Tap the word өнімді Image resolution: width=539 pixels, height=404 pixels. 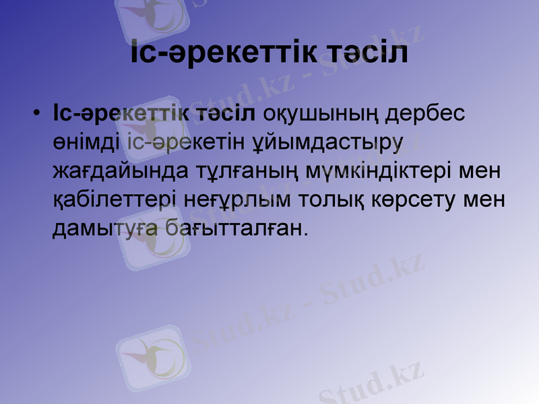[x=86, y=142]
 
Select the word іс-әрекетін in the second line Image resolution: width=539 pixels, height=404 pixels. [x=173, y=142]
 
